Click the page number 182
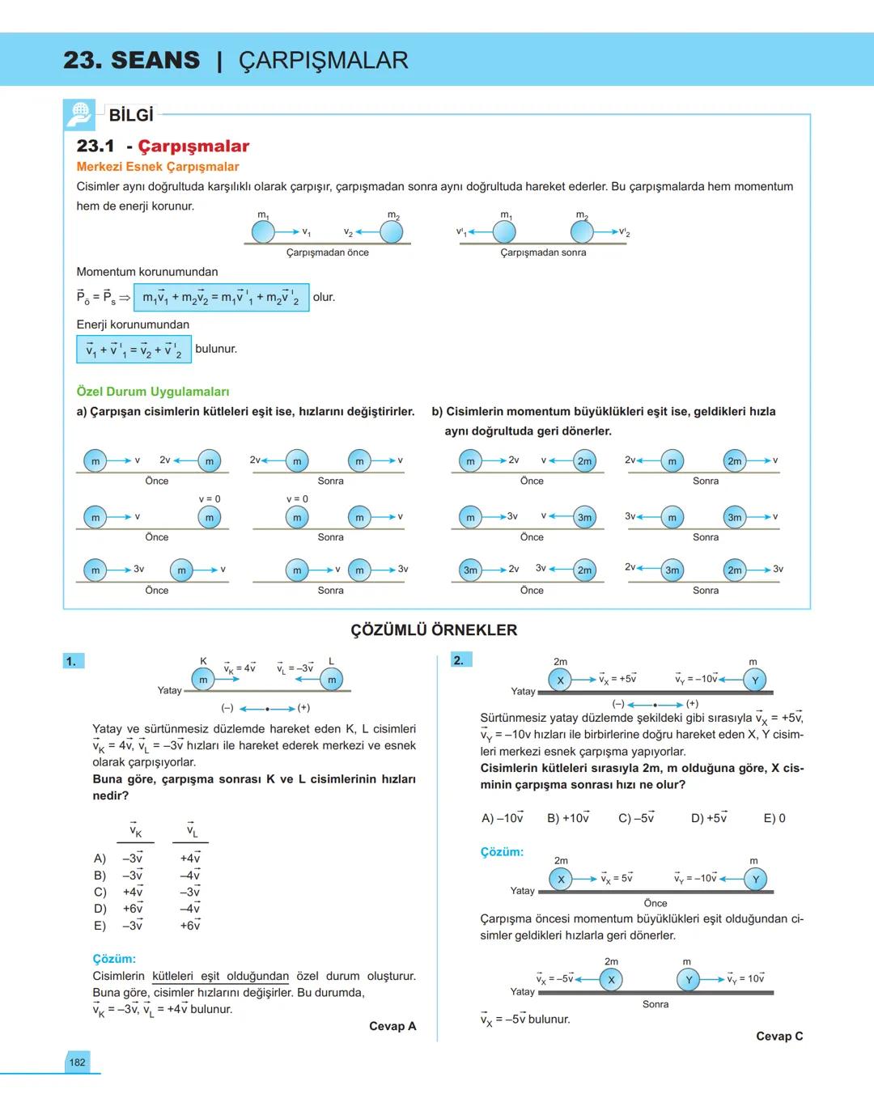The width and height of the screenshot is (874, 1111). pos(77,1062)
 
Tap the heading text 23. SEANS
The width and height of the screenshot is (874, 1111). pos(131,60)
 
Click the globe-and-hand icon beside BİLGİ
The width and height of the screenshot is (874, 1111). pos(79,115)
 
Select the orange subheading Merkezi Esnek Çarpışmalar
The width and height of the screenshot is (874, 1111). pos(158,167)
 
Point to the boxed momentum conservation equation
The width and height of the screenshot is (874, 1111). pos(221,298)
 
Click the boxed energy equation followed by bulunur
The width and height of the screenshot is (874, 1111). pos(134,350)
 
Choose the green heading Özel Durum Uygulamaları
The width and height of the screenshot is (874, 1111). pos(153,392)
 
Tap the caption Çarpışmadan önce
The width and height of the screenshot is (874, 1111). pos(327,252)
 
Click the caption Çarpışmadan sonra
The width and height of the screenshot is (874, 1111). pos(543,252)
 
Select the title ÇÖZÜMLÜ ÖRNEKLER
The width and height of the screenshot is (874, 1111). pos(434,630)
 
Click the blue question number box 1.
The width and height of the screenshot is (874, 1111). pos(71,661)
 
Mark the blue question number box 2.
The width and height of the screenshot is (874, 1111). pos(459,660)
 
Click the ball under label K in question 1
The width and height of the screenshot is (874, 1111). pos(203,680)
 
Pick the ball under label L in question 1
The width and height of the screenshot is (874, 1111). pos(331,680)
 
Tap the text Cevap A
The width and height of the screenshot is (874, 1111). pos(392,1026)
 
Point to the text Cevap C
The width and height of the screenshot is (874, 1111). pos(779,1036)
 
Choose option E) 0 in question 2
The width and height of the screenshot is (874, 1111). pos(774,818)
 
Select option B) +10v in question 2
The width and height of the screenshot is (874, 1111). pos(568,818)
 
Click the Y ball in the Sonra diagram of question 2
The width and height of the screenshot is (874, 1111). pos(688,980)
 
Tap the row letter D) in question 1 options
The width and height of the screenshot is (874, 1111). pos(100,909)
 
